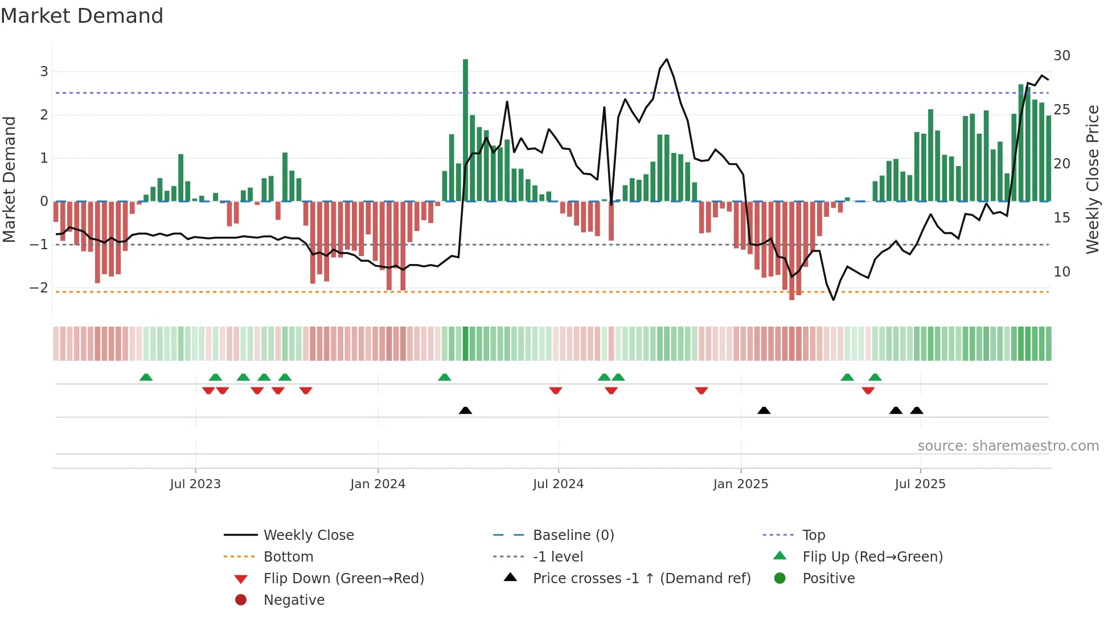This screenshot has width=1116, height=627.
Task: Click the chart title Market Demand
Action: (x=82, y=16)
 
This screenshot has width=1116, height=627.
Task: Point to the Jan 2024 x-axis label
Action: (x=378, y=484)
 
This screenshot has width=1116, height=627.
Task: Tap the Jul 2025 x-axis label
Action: (x=920, y=484)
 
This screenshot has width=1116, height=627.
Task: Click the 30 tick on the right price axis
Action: (x=1061, y=56)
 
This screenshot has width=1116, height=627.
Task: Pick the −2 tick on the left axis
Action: (x=39, y=288)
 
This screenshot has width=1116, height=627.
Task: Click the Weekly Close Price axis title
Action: (x=1092, y=179)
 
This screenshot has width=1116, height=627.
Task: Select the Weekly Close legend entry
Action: (x=308, y=535)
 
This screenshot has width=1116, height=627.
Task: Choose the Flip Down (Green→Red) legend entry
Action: (x=343, y=579)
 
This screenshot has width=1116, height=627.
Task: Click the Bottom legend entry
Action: (x=288, y=557)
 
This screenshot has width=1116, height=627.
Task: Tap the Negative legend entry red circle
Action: (x=241, y=600)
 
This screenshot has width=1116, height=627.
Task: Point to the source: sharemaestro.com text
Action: (x=1008, y=446)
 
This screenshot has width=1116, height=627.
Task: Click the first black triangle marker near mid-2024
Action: (x=465, y=410)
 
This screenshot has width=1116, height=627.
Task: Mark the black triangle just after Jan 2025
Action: (x=764, y=410)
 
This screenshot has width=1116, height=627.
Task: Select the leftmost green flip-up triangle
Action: (x=146, y=377)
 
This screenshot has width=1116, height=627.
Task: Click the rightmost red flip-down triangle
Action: (x=868, y=390)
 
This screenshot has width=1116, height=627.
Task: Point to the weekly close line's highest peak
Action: (x=667, y=59)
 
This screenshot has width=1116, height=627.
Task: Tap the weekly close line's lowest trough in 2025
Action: (x=834, y=300)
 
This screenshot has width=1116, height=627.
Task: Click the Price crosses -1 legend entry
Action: (x=641, y=579)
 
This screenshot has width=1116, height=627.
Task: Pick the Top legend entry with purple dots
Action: (x=813, y=535)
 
